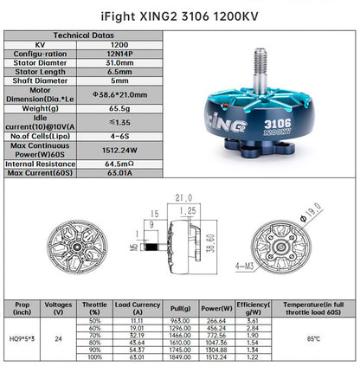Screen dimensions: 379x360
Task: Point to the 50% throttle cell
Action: pyautogui.click(x=94, y=320)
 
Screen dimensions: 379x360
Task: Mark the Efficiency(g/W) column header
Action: pyautogui.click(x=254, y=306)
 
